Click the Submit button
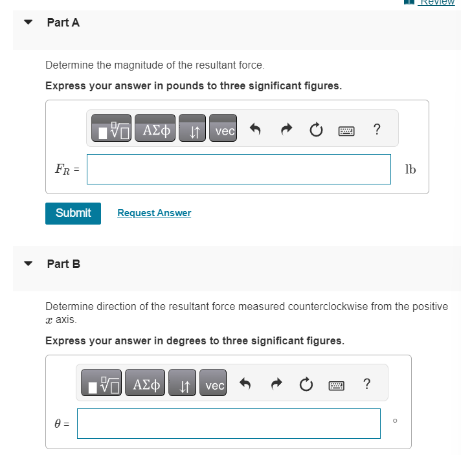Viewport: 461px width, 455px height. pos(73,213)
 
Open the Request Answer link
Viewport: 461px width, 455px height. pos(154,213)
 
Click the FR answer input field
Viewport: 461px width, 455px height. pos(239,169)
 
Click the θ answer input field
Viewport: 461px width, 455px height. pos(229,423)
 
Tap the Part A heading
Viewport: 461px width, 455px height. pos(63,23)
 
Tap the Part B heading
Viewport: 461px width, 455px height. pos(63,264)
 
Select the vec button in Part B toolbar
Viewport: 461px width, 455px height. pos(214,385)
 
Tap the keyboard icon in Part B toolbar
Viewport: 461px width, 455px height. pos(335,386)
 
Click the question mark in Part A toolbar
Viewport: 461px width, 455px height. pos(377,130)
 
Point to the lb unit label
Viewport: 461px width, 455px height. pos(410,169)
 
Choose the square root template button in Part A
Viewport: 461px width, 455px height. pos(111,131)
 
